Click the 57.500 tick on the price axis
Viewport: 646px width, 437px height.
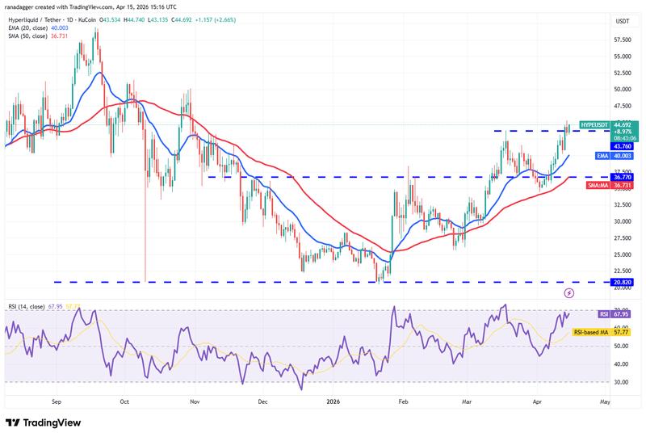click(623, 40)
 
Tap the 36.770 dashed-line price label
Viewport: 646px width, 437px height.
click(623, 177)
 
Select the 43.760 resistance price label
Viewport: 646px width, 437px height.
click(623, 146)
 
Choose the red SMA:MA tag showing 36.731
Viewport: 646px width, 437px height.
click(615, 185)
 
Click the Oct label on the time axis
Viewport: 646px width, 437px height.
click(124, 400)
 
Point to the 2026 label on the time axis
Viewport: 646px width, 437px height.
click(334, 400)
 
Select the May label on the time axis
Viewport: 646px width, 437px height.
click(605, 400)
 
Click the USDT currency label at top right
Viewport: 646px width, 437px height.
click(623, 20)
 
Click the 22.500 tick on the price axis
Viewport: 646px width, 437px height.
click(623, 271)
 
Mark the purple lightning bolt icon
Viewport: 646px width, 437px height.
click(569, 292)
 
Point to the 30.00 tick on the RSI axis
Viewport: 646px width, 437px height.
click(621, 382)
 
